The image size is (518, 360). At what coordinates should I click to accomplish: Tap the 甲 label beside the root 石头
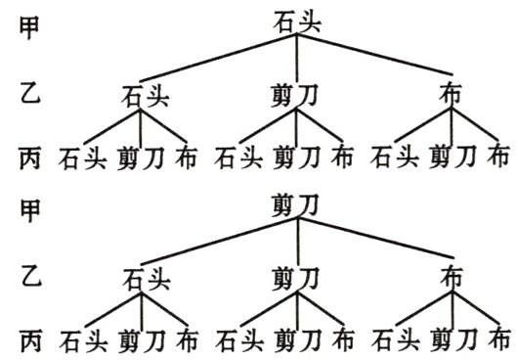click(29, 26)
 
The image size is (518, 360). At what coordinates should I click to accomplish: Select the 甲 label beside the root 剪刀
click(29, 209)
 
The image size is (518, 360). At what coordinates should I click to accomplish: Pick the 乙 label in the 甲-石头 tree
click(29, 94)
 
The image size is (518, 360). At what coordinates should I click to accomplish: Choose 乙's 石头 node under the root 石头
click(143, 96)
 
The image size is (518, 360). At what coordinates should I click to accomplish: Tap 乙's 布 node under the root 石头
click(451, 95)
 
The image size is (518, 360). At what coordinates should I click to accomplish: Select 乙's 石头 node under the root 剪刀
click(143, 279)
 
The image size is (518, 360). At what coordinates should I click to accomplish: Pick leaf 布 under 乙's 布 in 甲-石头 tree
click(499, 156)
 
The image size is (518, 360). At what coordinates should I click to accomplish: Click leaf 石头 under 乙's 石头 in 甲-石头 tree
click(80, 157)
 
